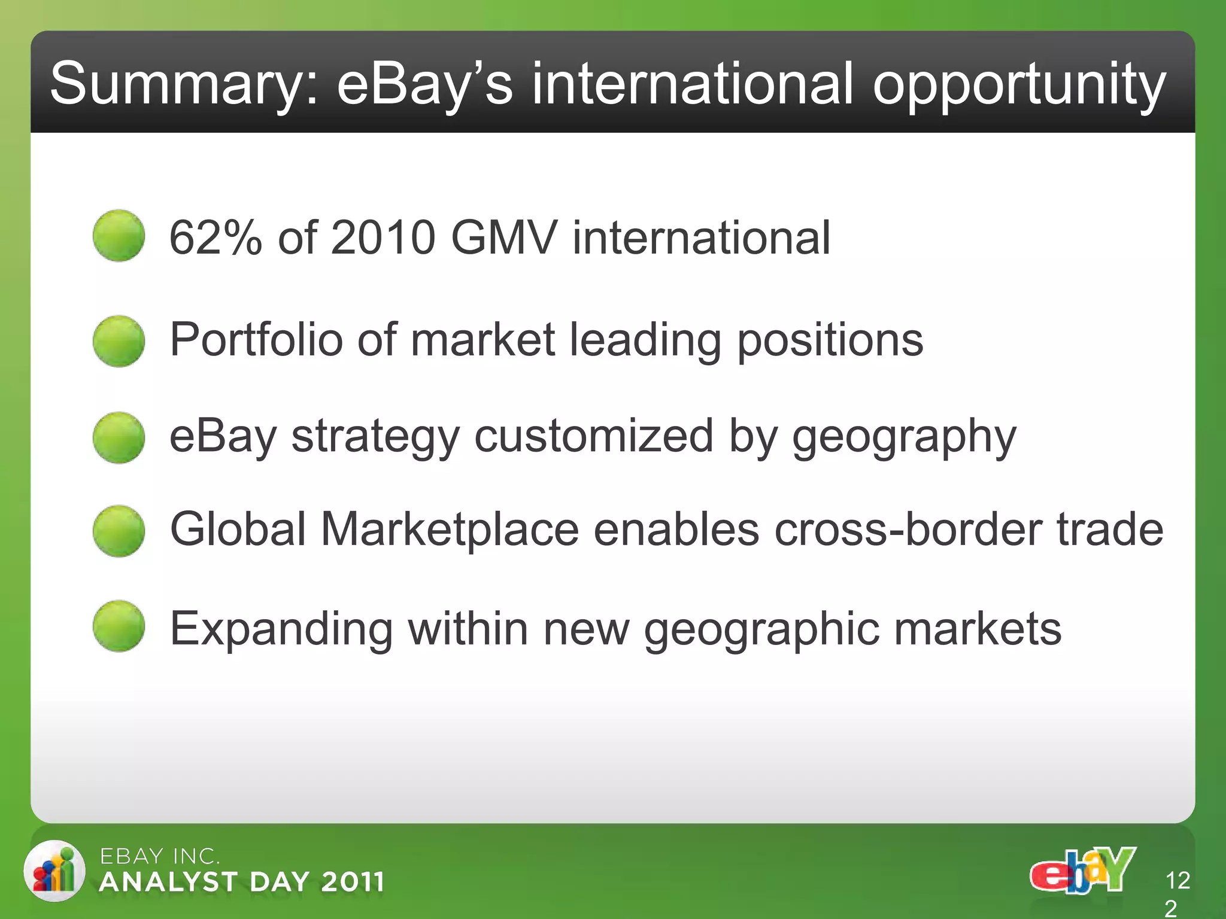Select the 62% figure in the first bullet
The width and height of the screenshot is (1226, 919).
(x=216, y=238)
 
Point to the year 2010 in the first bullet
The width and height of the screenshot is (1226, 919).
(x=383, y=238)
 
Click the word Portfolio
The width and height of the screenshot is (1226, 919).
(x=256, y=339)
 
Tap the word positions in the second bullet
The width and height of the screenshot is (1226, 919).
(x=830, y=340)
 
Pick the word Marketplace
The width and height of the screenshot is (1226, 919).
(x=450, y=530)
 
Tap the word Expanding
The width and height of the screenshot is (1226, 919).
(x=281, y=629)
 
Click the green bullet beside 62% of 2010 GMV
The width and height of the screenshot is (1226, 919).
(x=119, y=235)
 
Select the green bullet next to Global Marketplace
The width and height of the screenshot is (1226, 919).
(x=119, y=531)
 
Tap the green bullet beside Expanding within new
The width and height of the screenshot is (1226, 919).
(x=119, y=626)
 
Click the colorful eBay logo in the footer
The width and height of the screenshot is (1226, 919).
(x=1082, y=871)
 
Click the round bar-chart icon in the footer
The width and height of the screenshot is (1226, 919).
(x=54, y=871)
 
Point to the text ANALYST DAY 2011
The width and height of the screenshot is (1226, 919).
(x=242, y=882)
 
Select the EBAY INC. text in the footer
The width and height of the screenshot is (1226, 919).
(x=160, y=856)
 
